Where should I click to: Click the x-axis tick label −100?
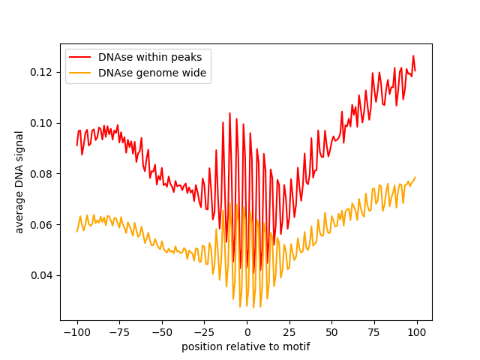(x=76, y=332)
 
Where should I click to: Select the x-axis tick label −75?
(x=119, y=332)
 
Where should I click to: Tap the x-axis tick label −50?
(x=162, y=332)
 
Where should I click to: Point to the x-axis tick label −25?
(x=204, y=332)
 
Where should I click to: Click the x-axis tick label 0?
(x=247, y=332)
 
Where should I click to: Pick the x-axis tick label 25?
(x=289, y=332)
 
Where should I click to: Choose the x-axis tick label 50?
(x=332, y=332)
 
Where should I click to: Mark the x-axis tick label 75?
(x=375, y=332)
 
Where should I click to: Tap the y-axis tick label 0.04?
(x=43, y=275)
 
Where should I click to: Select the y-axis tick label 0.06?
(x=43, y=225)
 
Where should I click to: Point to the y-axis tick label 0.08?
(x=43, y=174)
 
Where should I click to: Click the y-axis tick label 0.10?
(x=43, y=123)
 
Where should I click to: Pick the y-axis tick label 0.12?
(x=43, y=72)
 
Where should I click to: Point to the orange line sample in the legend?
(x=81, y=73)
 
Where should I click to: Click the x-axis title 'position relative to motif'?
(x=246, y=346)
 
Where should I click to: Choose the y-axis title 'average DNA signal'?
(x=19, y=182)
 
